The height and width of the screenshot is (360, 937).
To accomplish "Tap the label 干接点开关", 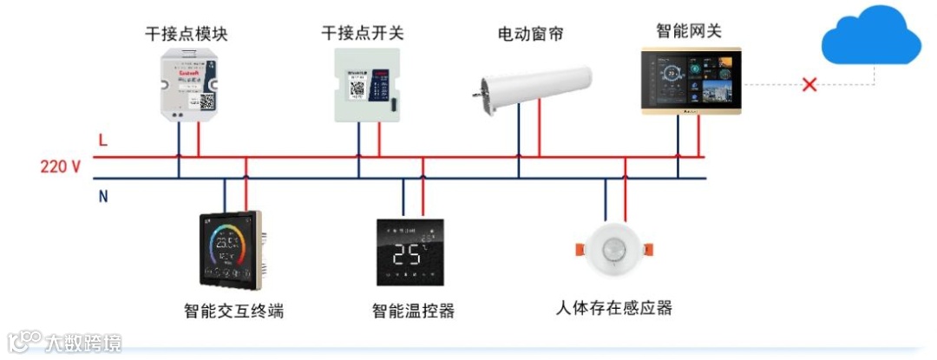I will (x=363, y=33).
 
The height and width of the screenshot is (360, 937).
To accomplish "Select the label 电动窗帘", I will (x=530, y=34).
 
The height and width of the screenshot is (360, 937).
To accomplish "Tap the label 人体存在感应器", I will (x=614, y=308).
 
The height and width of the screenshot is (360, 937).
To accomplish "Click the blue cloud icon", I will (x=869, y=36).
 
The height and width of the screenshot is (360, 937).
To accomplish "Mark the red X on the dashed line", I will (x=809, y=85).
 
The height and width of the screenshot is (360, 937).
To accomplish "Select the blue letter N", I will (x=103, y=196).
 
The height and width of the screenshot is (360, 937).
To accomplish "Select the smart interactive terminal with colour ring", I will (x=230, y=248).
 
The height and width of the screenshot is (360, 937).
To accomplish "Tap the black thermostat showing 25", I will (x=411, y=252).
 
